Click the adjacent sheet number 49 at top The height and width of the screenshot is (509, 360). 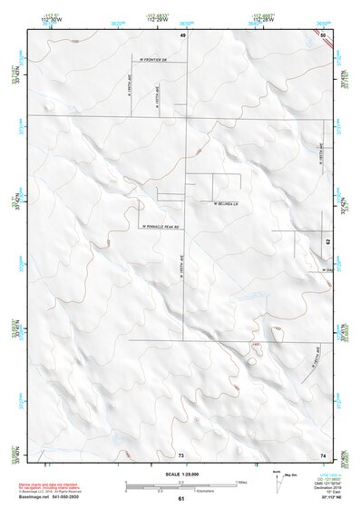(x=182, y=34)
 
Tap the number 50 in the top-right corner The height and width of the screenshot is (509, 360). (x=323, y=34)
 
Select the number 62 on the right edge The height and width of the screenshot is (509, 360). (x=327, y=242)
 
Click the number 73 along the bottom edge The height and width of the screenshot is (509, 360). (x=181, y=454)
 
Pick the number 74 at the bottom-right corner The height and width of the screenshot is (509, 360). (x=323, y=454)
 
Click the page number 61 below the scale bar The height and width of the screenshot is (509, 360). (x=181, y=499)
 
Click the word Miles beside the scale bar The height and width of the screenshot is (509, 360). (x=241, y=481)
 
